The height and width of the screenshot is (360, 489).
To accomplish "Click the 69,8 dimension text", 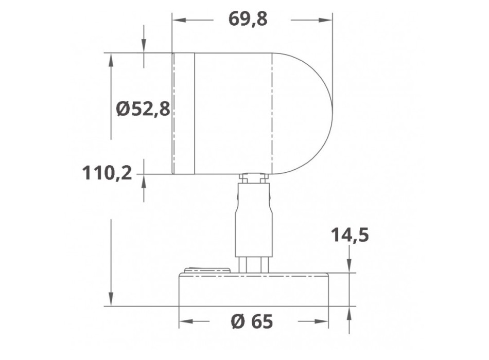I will click(x=252, y=20).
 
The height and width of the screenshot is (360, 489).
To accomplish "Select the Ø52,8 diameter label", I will click(x=143, y=109).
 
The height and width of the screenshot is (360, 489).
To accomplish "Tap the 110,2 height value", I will click(x=107, y=173).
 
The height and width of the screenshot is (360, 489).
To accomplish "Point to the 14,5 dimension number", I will click(x=350, y=236).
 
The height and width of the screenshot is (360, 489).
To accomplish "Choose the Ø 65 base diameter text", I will click(x=252, y=322).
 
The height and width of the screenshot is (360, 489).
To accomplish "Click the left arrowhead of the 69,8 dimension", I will click(x=178, y=21).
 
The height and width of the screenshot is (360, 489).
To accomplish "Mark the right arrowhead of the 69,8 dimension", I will click(x=326, y=21).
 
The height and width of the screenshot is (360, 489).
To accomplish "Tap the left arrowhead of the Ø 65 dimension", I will click(x=184, y=322).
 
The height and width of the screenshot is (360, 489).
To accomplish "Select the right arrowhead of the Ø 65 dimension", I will click(x=323, y=322).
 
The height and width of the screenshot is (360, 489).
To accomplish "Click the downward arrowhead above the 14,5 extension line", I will click(x=350, y=267).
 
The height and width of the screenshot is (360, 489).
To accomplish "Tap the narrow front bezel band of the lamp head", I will click(x=183, y=113).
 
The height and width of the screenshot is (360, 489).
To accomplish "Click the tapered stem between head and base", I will click(x=253, y=221).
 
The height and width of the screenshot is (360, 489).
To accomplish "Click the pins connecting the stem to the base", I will click(x=254, y=264).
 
